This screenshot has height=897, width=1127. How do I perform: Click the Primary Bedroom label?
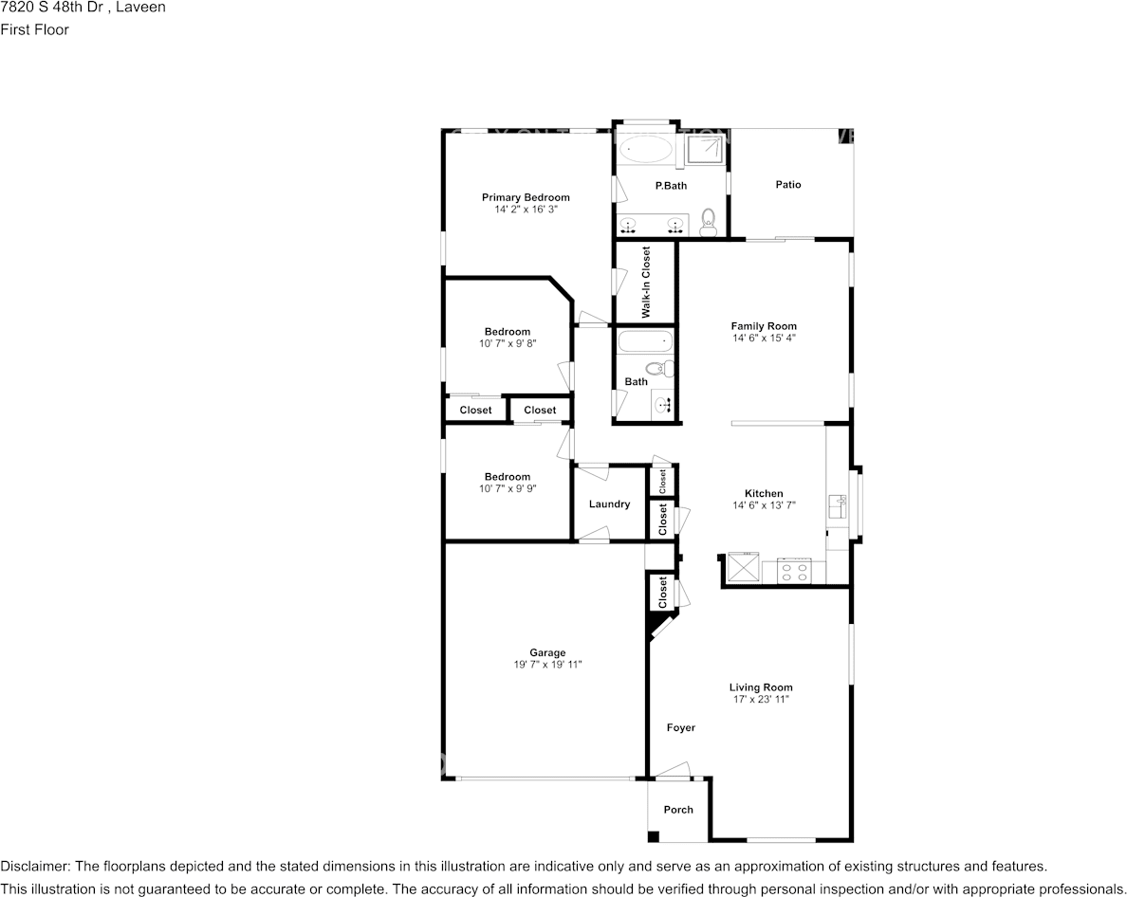(526, 197)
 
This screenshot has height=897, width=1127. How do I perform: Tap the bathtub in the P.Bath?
(645, 150)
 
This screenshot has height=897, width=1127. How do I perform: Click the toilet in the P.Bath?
(709, 222)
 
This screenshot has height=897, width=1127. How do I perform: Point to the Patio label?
(787, 185)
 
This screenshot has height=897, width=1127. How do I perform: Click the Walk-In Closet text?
(645, 283)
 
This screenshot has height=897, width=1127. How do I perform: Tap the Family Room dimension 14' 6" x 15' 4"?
(764, 338)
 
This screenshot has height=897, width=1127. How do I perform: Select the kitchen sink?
(837, 505)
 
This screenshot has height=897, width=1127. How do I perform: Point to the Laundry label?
(609, 504)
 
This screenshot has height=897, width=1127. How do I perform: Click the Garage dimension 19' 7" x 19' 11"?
(547, 665)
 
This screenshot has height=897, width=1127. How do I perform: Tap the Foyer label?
(680, 727)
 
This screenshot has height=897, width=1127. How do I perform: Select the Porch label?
(678, 810)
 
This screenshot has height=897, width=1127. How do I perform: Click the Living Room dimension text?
(761, 699)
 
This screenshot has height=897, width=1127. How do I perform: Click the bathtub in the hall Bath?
(645, 342)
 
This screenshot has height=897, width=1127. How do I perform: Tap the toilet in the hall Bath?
(660, 369)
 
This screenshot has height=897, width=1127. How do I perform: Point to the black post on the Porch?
(654, 836)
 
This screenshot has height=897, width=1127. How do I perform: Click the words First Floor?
(34, 29)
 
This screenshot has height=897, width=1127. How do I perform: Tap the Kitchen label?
(764, 493)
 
